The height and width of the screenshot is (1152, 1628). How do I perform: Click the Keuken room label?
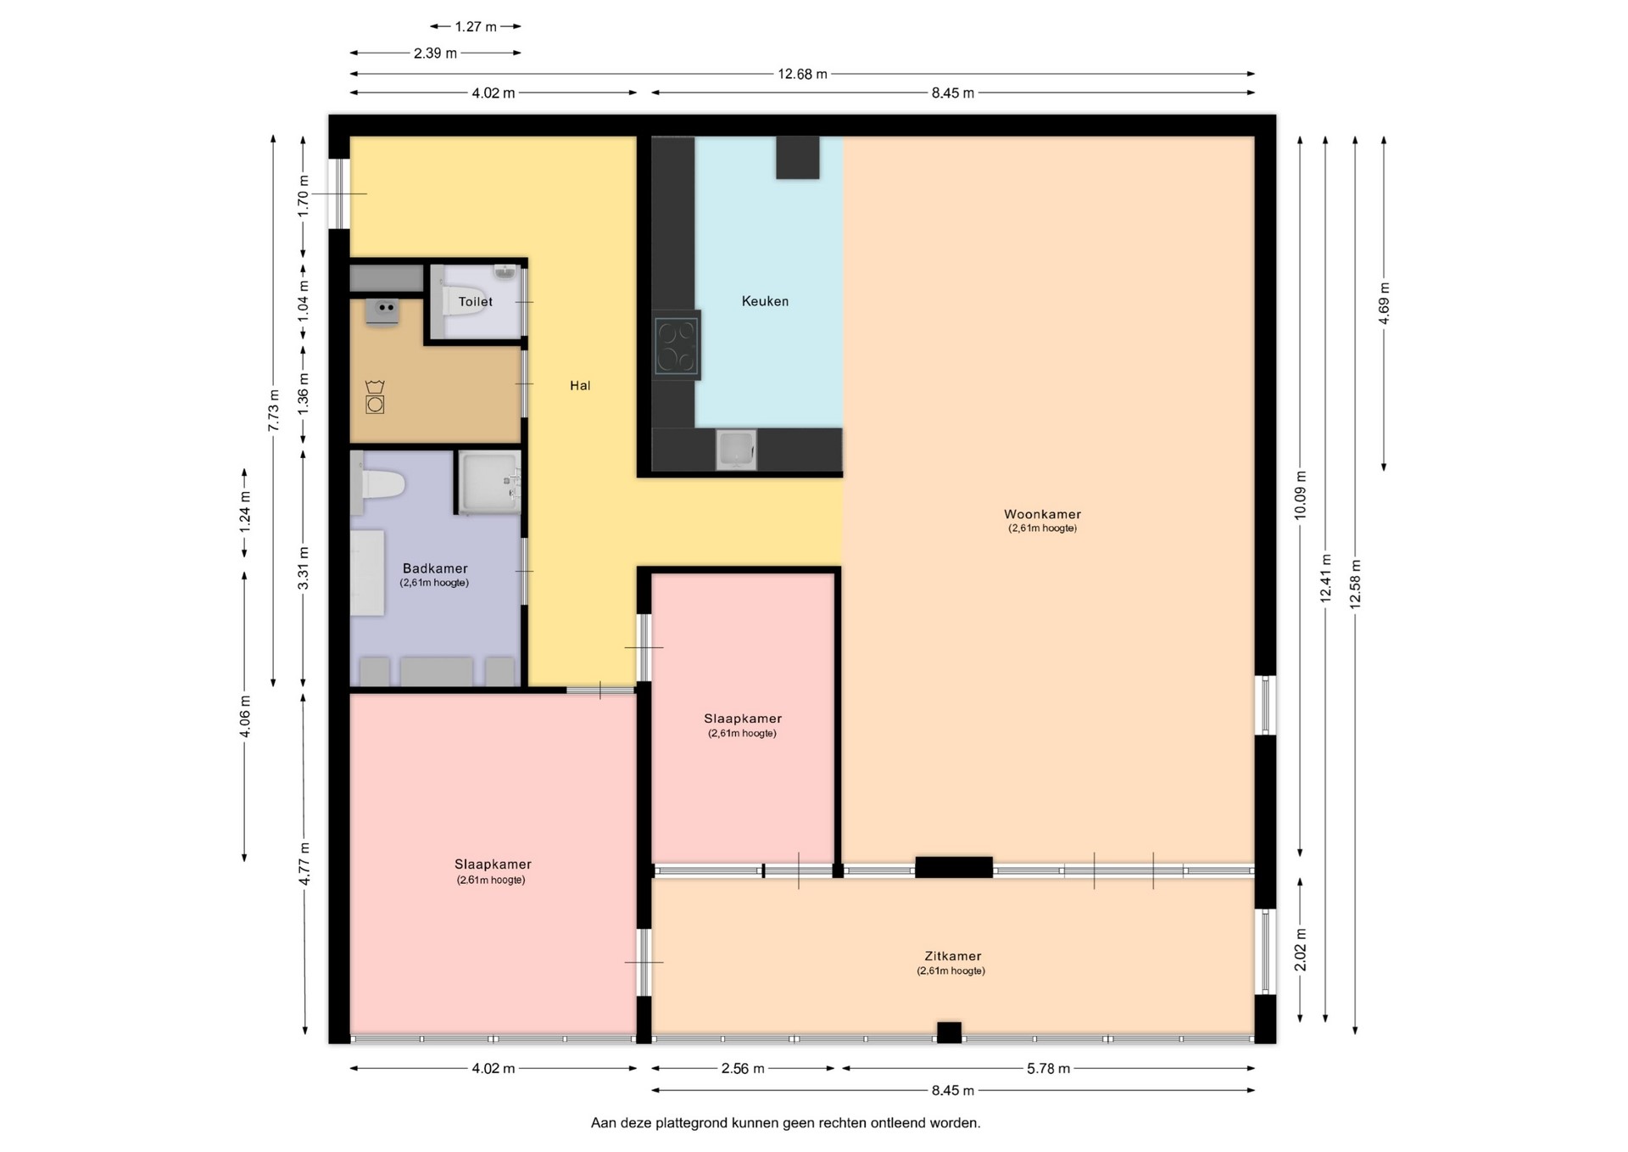pos(765,301)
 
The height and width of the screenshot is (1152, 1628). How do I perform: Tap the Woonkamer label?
pos(1042,514)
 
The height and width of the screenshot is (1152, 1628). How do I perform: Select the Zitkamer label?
pos(953,956)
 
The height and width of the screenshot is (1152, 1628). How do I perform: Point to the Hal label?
pos(580,385)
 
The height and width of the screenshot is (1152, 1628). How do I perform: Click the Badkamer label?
pos(435,568)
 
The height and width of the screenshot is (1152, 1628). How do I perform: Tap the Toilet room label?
pos(476,301)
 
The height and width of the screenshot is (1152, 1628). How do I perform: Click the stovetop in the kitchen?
pos(677,345)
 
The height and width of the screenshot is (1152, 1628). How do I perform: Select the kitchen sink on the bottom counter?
pos(736,450)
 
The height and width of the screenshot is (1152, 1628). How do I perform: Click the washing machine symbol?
pos(375,398)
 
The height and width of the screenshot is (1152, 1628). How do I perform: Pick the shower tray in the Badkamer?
pos(489,482)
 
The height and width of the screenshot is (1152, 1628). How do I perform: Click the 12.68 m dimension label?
pos(802,74)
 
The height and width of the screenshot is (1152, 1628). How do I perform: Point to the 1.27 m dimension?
pos(476,26)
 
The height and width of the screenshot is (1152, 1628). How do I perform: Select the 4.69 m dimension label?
pos(1384,304)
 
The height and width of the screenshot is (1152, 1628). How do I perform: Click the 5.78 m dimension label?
pos(1048,1069)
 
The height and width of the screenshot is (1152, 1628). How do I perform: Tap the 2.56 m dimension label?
pos(743,1069)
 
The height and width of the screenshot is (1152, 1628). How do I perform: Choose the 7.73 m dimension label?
pos(273,411)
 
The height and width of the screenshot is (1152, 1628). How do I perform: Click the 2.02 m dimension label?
pos(1301,950)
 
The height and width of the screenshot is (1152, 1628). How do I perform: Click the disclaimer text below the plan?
pos(785,1123)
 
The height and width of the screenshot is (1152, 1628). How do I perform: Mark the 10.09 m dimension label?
pos(1301,495)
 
